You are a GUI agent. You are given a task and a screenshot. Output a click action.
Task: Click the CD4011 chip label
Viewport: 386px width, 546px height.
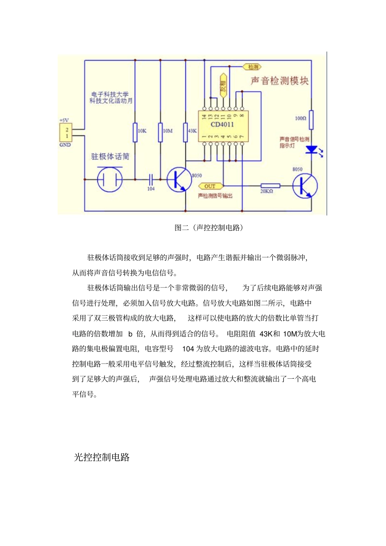[222, 125]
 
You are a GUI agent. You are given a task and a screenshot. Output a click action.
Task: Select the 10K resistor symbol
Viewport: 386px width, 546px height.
[135, 132]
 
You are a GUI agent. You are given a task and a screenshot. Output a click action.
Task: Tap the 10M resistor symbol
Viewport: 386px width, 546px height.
[160, 132]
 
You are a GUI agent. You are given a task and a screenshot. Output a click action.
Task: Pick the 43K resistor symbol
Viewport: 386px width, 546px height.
[186, 132]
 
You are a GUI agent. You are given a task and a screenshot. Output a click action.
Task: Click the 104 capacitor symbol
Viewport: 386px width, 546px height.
[151, 179]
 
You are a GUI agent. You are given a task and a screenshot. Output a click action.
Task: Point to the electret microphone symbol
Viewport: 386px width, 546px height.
[110, 179]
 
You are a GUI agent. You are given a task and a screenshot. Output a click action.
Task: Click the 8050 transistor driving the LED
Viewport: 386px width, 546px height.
[305, 186]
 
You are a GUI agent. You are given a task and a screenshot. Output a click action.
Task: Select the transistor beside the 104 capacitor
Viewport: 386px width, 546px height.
[179, 179]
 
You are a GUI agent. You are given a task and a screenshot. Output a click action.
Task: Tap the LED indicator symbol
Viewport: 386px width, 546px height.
[312, 150]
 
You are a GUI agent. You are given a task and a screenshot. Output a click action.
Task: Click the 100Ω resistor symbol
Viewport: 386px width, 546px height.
[312, 120]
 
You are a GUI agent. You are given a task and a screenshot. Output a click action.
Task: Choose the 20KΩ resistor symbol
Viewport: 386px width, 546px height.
[270, 186]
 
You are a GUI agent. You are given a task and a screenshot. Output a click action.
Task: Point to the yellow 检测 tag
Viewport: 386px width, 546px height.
[252, 67]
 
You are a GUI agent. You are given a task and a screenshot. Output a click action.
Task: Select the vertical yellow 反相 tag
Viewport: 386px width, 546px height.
[223, 86]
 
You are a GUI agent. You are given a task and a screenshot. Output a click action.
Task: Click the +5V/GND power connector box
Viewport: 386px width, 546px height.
[66, 133]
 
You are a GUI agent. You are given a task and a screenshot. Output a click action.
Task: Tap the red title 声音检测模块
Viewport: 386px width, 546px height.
[280, 81]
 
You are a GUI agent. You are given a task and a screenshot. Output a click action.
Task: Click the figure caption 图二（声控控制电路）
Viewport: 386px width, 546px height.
[209, 228]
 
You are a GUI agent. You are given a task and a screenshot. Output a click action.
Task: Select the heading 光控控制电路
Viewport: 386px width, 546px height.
[102, 457]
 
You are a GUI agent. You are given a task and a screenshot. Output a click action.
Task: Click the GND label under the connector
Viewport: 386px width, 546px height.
[65, 145]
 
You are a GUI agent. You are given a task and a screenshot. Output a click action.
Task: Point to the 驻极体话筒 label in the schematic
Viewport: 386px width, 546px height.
[110, 157]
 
